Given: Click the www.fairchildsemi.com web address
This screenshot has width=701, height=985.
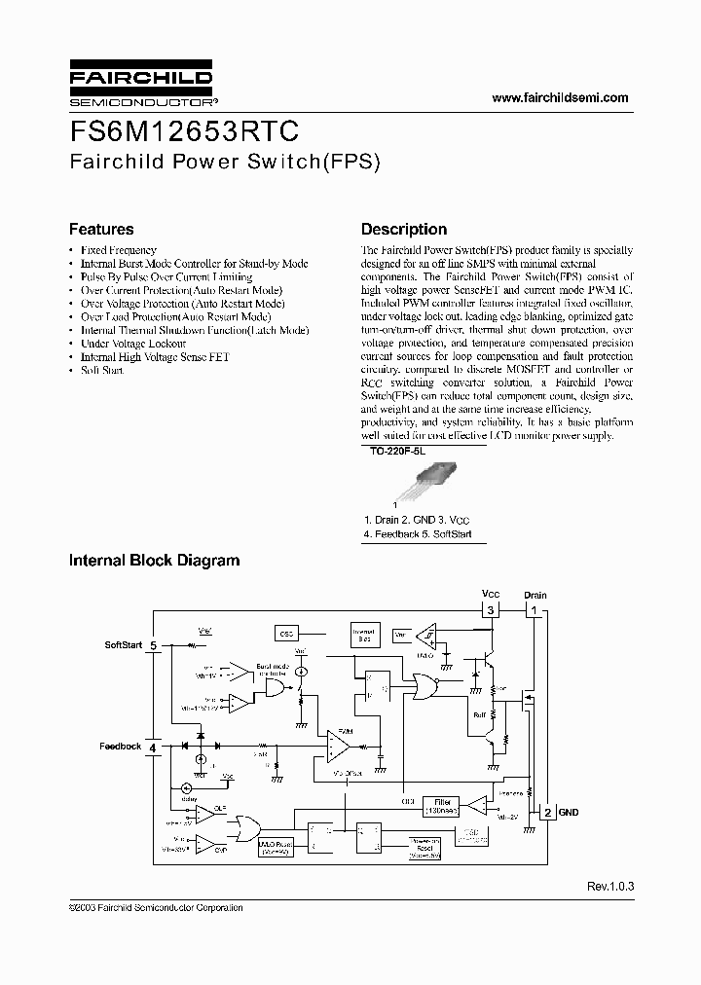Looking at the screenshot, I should click(x=560, y=97).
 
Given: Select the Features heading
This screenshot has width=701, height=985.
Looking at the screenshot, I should click(x=101, y=230).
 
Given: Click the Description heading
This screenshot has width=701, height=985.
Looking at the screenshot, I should click(x=404, y=230).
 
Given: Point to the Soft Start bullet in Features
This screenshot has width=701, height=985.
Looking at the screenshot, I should click(x=102, y=371).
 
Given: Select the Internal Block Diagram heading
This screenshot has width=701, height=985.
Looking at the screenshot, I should click(x=154, y=561).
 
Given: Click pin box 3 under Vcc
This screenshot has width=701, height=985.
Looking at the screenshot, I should click(x=492, y=610).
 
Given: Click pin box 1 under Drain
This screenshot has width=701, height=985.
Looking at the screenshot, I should click(x=534, y=610).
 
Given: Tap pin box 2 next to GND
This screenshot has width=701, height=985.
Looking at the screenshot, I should click(x=547, y=813).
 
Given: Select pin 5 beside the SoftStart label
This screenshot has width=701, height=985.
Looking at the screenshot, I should click(x=154, y=645).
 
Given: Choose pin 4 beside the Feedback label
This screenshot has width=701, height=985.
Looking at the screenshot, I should click(x=153, y=747).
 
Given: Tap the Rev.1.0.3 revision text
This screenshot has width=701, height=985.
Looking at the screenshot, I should click(x=609, y=887).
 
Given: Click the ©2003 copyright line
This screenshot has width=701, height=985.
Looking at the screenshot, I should click(x=156, y=907).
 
